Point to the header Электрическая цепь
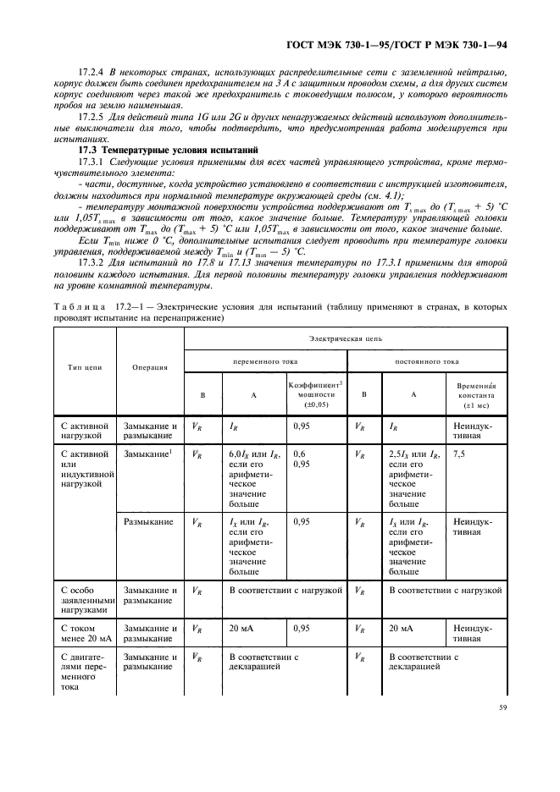345,337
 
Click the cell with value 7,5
459,454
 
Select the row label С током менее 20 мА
82,634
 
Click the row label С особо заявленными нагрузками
84,598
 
